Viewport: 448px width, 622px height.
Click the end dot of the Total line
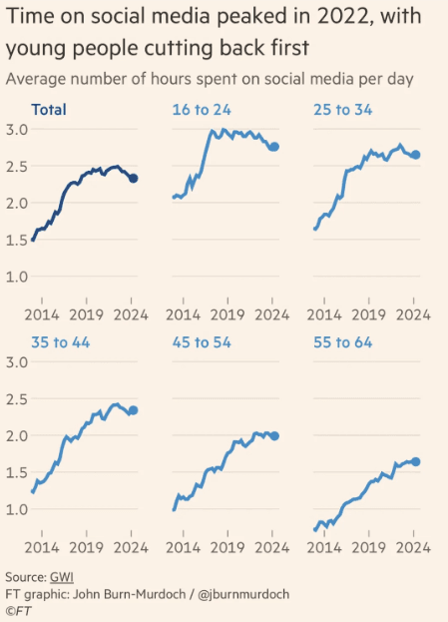click(x=134, y=178)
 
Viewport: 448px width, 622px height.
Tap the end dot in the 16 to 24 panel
click(x=274, y=147)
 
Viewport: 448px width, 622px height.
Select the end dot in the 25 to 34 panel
click(x=415, y=155)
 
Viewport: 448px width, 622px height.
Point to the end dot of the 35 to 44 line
click(x=134, y=410)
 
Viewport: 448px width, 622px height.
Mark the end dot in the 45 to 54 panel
click(x=274, y=435)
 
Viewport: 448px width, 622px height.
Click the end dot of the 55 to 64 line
click(x=415, y=461)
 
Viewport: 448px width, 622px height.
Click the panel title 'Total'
click(x=50, y=111)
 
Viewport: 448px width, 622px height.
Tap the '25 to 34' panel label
click(x=341, y=111)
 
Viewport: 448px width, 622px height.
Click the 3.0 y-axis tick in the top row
click(x=17, y=130)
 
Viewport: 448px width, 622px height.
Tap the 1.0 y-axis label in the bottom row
click(x=17, y=509)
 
